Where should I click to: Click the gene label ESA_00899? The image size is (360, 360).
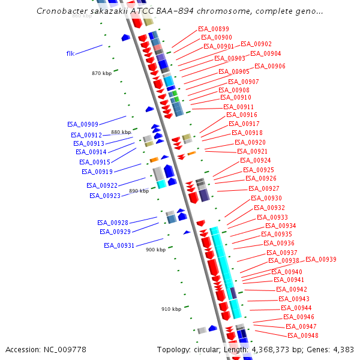coord(213,29)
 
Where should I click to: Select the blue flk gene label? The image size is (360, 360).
coord(70,53)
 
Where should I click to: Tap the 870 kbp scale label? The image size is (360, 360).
coord(101,73)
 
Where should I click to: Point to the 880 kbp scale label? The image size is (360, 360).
coord(121,132)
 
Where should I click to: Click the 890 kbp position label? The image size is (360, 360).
coord(139,191)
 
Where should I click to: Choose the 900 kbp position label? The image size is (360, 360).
coord(155,250)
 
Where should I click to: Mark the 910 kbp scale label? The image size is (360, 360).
coord(171,309)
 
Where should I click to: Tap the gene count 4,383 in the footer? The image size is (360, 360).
coord(343,349)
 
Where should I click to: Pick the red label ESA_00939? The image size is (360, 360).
coord(320,259)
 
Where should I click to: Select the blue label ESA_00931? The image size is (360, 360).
coord(119,245)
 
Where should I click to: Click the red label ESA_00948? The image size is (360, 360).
coord(302,335)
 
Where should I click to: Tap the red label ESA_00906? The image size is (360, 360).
coord(269,66)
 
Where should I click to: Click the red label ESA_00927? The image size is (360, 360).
coord(263,188)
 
